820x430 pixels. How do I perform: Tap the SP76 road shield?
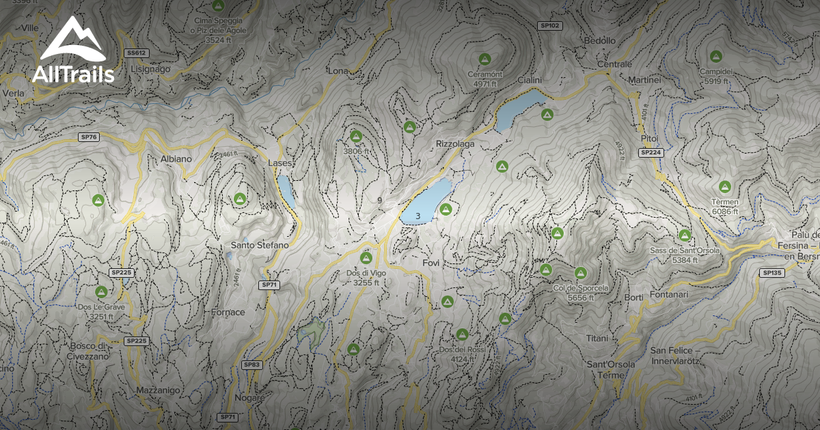pos(89,137)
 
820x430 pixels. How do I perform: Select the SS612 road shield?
pos(137,53)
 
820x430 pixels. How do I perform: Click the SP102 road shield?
pos(549,25)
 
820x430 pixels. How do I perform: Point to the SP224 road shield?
pos(651,153)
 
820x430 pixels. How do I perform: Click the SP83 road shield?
pos(252,364)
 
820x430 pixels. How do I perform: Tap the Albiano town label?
pos(176,158)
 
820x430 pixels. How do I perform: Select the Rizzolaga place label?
pos(454,144)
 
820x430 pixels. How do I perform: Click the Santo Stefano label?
pos(260,244)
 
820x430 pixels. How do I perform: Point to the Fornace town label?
pos(228,312)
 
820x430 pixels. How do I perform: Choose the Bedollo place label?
pos(600,41)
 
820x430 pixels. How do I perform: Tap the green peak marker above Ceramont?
pos(484,59)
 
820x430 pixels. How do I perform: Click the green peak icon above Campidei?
pos(715,56)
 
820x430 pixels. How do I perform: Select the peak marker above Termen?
pos(725,186)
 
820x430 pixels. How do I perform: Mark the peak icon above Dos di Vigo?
pos(366,257)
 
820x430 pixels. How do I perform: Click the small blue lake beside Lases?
pos(286,191)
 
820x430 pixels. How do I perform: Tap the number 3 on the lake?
pos(418,216)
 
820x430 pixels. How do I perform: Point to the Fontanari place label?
pos(669,294)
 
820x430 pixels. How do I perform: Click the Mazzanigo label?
pos(158,390)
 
